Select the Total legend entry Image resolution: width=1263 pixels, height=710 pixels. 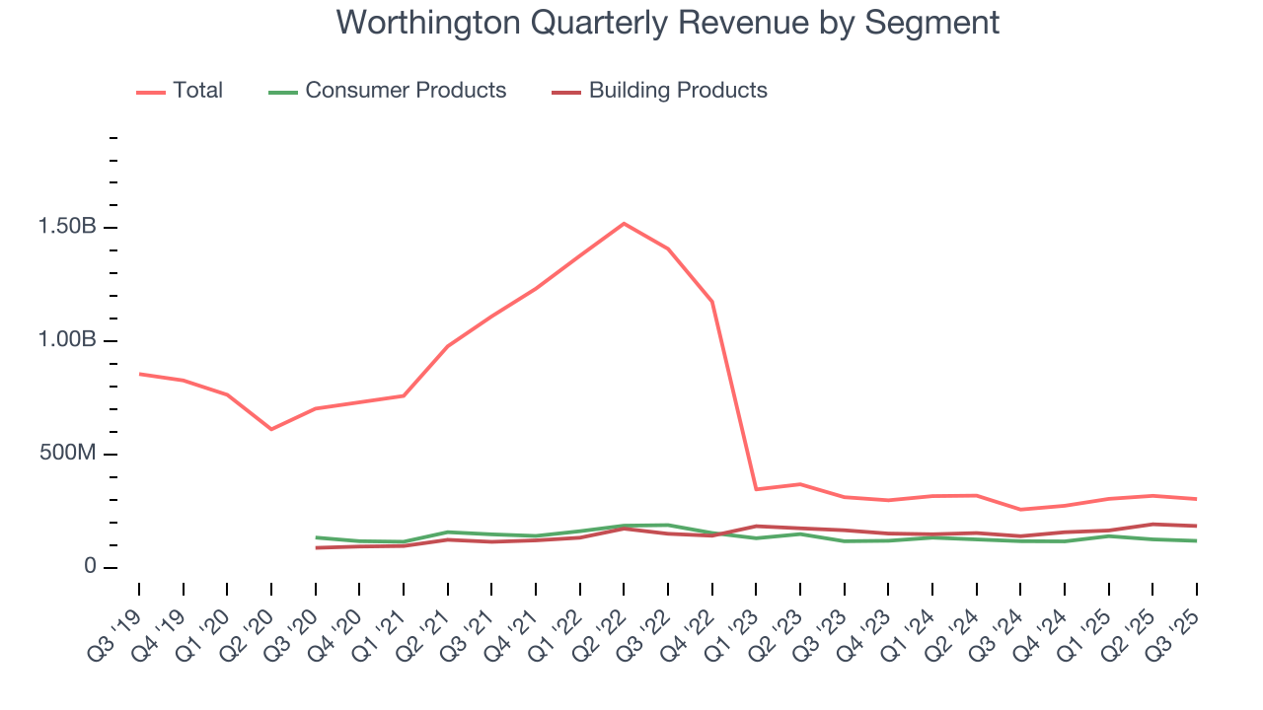click(181, 91)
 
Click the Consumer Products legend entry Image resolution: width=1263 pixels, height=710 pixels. click(388, 91)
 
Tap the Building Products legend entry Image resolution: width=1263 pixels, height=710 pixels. click(660, 91)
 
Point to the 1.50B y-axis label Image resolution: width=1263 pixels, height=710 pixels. click(67, 228)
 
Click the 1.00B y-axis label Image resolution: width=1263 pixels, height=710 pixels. click(67, 340)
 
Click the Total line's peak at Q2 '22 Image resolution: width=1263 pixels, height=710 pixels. click(624, 224)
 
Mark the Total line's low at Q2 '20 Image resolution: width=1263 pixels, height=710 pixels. click(271, 429)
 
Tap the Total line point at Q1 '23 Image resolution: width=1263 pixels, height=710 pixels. click(756, 489)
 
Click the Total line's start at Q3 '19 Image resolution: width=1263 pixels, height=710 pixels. click(139, 374)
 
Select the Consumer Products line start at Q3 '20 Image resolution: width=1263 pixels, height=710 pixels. click(316, 537)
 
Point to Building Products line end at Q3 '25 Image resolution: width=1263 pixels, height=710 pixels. click(1197, 526)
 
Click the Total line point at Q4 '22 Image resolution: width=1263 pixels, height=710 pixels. click(711, 302)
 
